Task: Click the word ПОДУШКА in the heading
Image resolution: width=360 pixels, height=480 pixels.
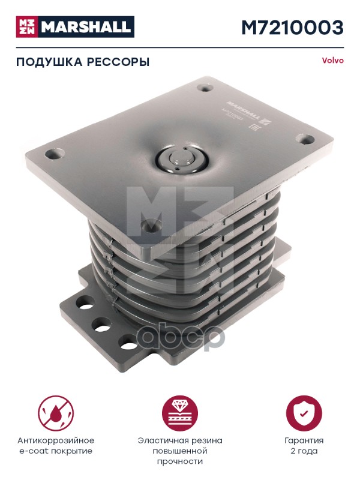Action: (46, 62)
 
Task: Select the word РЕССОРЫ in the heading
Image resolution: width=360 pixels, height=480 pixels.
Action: (119, 62)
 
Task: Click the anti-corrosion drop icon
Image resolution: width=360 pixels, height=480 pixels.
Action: (56, 413)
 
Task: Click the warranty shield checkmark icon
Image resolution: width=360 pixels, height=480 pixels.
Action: (304, 413)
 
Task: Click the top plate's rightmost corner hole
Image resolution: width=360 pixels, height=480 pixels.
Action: (307, 141)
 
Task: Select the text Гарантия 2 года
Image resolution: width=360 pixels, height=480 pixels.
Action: (304, 446)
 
